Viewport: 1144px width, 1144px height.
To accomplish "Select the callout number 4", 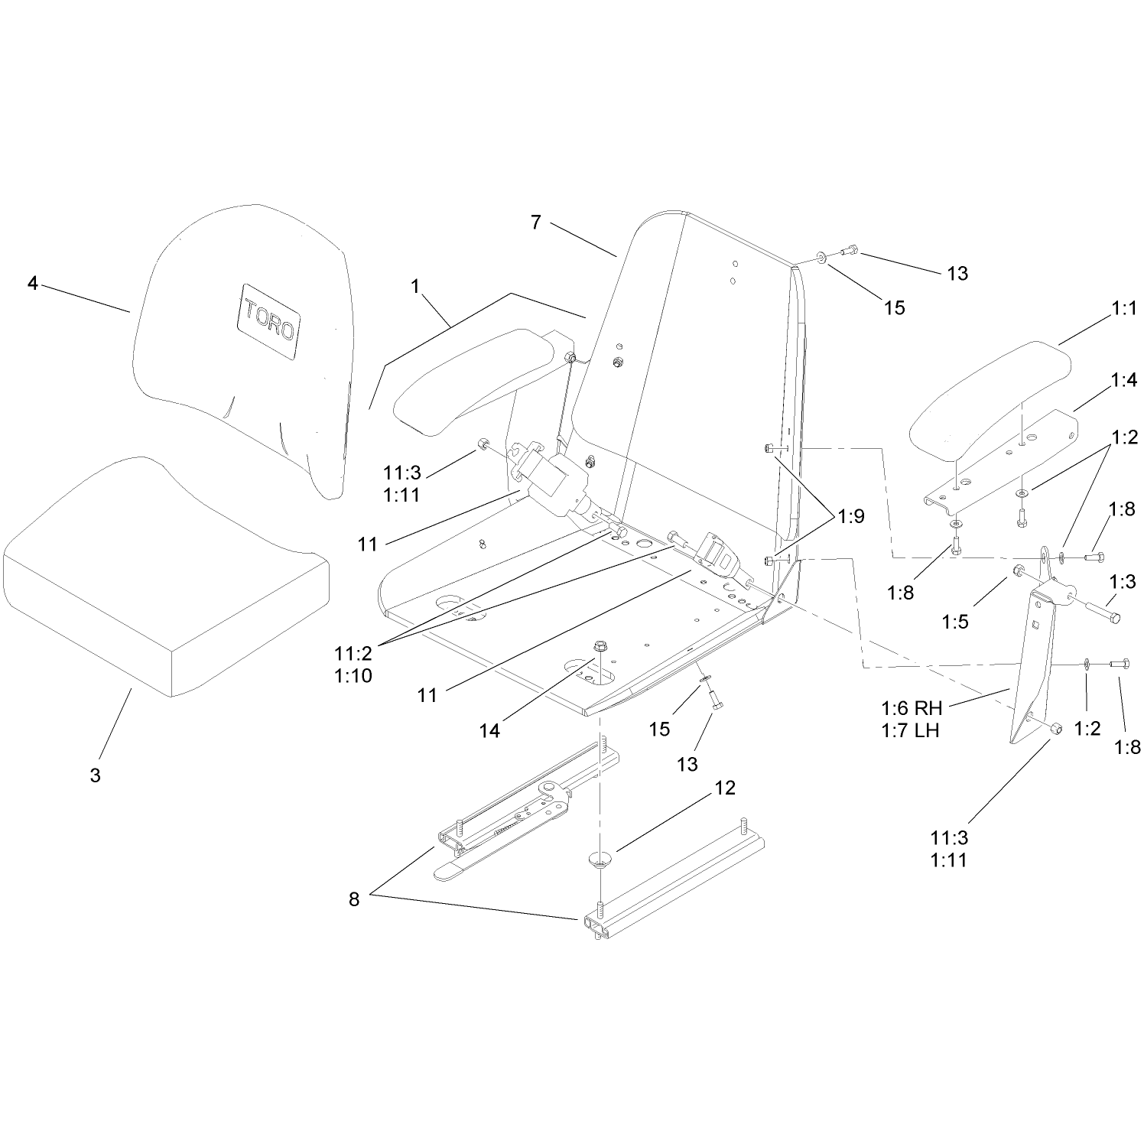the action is pyautogui.click(x=32, y=283).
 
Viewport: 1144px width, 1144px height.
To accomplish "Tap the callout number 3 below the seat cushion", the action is pyautogui.click(x=95, y=775).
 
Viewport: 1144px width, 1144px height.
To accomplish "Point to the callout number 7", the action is pyautogui.click(x=535, y=222).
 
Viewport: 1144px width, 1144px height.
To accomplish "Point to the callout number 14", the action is pyautogui.click(x=489, y=731).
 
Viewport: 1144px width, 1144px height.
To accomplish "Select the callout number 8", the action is pyautogui.click(x=353, y=899).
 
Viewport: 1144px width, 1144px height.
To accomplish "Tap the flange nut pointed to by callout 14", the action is pyautogui.click(x=599, y=652).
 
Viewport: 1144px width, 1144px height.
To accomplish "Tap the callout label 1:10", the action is pyautogui.click(x=353, y=675).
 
